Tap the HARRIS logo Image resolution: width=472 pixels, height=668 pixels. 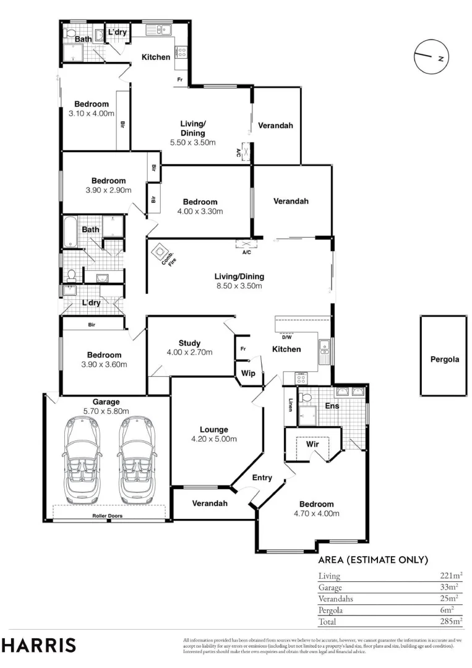point(38,645)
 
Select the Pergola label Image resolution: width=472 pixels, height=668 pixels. point(445,359)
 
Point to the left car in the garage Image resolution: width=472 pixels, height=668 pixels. point(82,460)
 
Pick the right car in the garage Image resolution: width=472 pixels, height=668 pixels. point(136,460)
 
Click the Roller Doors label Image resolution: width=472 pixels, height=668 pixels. point(108,516)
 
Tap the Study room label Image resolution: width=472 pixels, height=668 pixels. point(189,343)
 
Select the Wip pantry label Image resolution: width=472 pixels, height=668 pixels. point(248,373)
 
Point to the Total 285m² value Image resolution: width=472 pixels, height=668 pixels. point(451,621)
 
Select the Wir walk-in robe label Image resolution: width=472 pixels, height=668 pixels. point(312,444)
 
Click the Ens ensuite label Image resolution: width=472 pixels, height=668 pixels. point(332,406)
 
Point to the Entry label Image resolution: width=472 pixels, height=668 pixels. point(262,477)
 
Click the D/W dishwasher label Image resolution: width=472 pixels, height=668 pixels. point(286,337)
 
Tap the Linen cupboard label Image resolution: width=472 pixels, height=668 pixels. point(290,405)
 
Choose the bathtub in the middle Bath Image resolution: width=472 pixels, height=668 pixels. point(70,232)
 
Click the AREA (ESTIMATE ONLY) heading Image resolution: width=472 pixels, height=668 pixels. point(373,560)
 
